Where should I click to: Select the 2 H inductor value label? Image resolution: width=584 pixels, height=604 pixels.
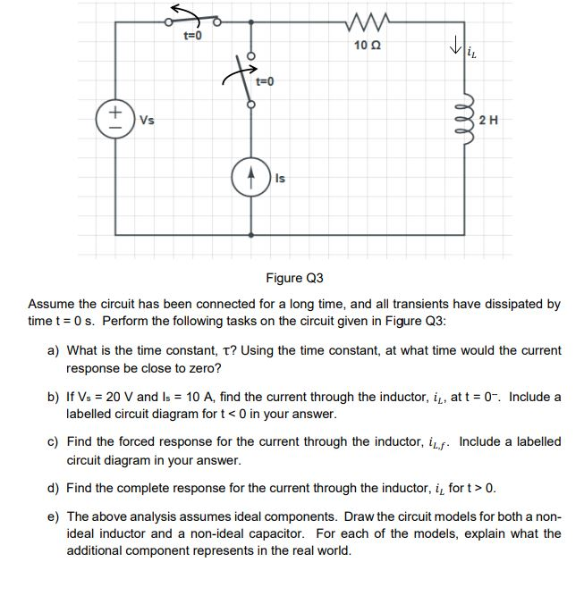(490, 120)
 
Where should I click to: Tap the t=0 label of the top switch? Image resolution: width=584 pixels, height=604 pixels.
(193, 36)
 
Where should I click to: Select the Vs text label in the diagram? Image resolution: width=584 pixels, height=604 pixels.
(143, 120)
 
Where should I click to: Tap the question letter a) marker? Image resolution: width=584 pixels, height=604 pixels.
(53, 351)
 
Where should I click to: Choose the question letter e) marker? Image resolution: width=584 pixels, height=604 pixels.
(53, 517)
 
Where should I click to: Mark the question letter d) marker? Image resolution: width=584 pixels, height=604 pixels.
(53, 488)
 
